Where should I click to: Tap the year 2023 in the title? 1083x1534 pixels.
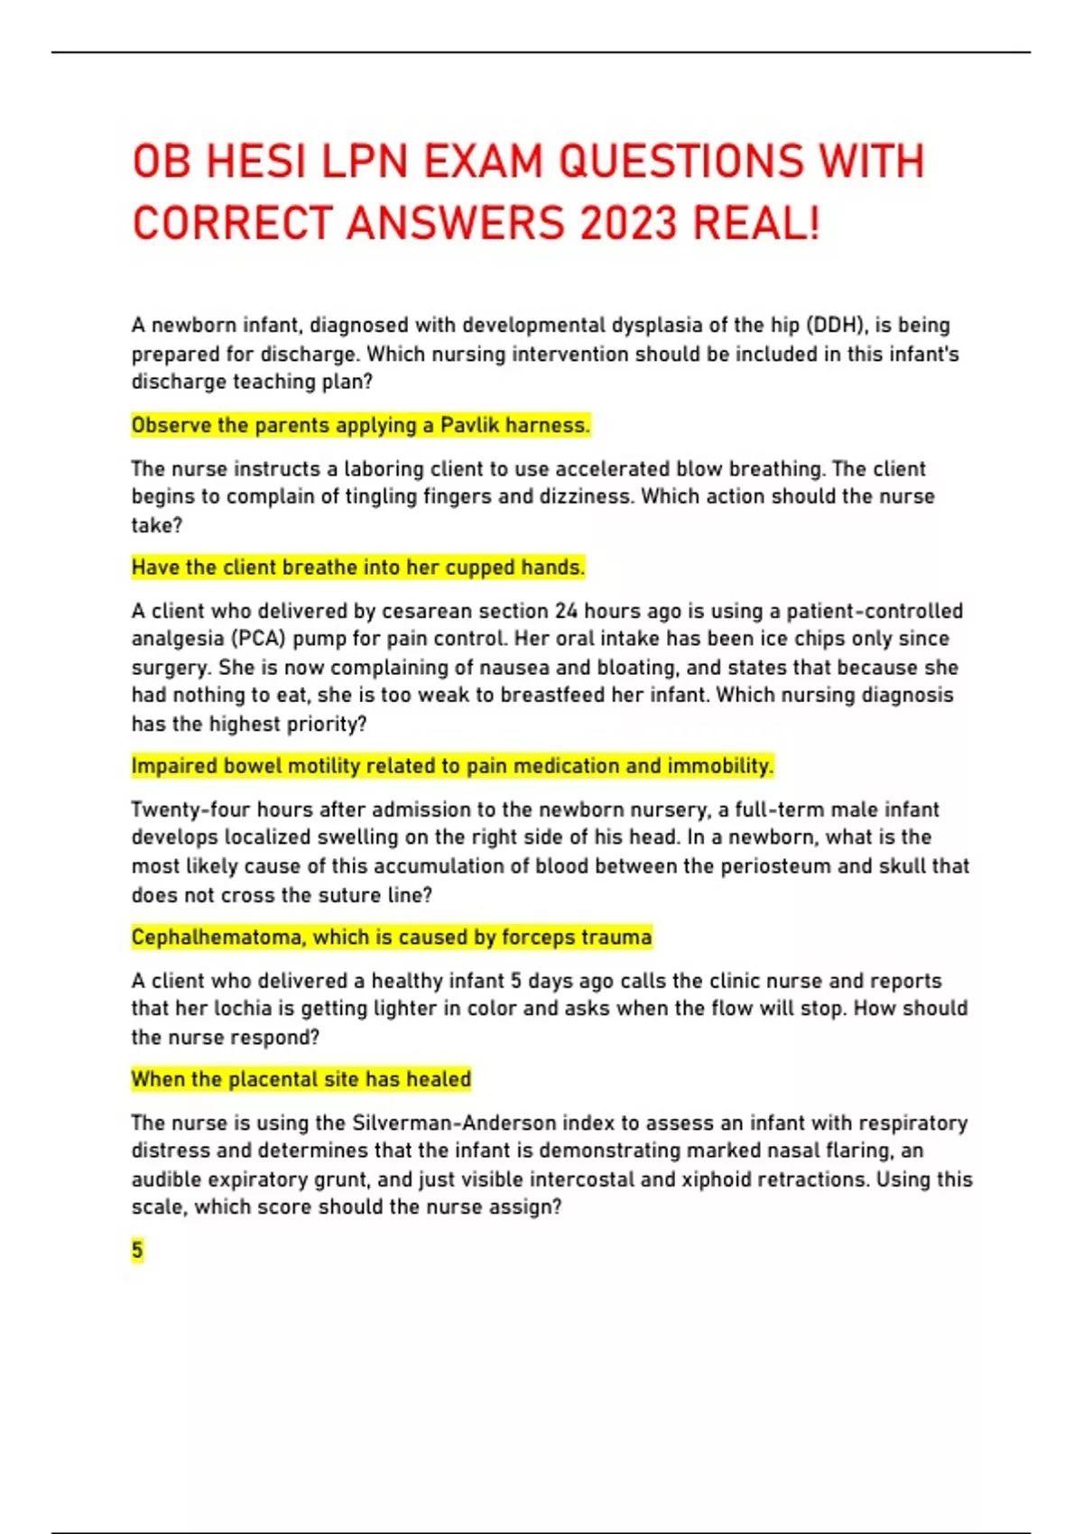(628, 224)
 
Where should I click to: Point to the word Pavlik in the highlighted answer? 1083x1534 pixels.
(469, 425)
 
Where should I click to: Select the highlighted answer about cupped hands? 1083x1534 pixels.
(357, 568)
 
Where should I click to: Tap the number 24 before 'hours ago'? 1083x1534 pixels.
(566, 611)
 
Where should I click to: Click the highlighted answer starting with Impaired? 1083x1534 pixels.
(451, 766)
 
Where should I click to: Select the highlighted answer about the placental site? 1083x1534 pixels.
(301, 1079)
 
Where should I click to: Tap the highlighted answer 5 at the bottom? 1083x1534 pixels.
(137, 1251)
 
